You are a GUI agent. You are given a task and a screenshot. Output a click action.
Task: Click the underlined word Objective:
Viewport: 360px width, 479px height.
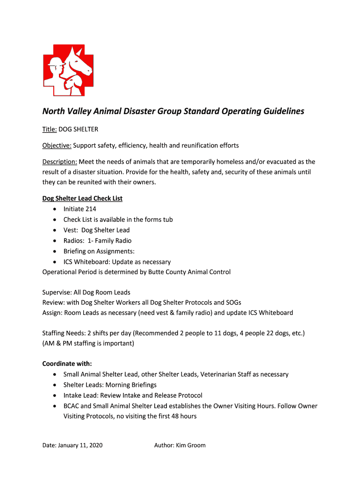coord(57,145)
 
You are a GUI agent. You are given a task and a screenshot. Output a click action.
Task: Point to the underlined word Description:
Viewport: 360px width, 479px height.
coord(59,162)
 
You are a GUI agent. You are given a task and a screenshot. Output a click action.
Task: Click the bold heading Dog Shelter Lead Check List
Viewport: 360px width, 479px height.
coord(82,198)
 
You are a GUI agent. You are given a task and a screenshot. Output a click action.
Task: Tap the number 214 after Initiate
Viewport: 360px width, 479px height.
coord(91,209)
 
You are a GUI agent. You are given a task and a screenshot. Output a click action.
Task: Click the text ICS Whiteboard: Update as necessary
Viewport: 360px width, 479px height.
coord(117,262)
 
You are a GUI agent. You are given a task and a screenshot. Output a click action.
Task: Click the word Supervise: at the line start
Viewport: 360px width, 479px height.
coord(57,293)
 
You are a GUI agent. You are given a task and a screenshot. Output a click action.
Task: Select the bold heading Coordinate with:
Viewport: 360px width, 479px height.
coord(67,363)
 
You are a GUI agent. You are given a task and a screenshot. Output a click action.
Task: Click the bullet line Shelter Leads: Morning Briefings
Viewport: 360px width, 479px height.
coord(110,385)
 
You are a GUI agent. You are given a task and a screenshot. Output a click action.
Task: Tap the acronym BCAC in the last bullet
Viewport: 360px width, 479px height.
coord(71,406)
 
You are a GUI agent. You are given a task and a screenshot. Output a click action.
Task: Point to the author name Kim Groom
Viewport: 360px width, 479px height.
coord(190,445)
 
